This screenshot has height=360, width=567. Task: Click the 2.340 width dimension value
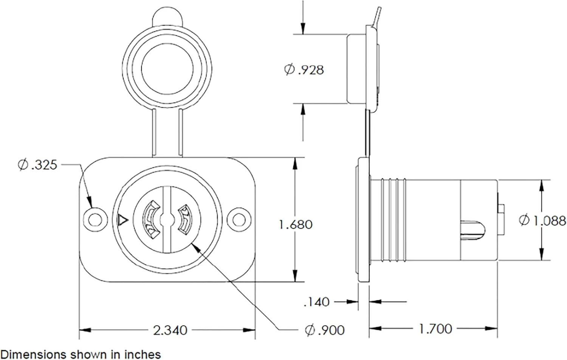click(x=170, y=331)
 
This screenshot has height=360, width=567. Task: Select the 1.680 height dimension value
click(x=295, y=225)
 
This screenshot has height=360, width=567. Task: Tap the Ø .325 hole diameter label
click(x=38, y=165)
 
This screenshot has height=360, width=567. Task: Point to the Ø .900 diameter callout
click(x=325, y=330)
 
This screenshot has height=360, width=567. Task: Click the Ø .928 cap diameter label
click(x=304, y=70)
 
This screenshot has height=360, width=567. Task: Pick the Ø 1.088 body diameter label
click(x=542, y=221)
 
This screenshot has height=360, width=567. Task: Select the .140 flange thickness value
click(x=316, y=302)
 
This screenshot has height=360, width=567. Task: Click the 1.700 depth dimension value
click(x=435, y=329)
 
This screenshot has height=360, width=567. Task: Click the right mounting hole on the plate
click(x=239, y=219)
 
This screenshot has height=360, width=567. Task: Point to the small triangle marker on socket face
click(x=123, y=219)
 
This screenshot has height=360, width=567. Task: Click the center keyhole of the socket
click(x=167, y=219)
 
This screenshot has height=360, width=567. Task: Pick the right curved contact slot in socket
click(x=185, y=218)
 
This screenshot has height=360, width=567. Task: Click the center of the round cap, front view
click(x=167, y=69)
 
